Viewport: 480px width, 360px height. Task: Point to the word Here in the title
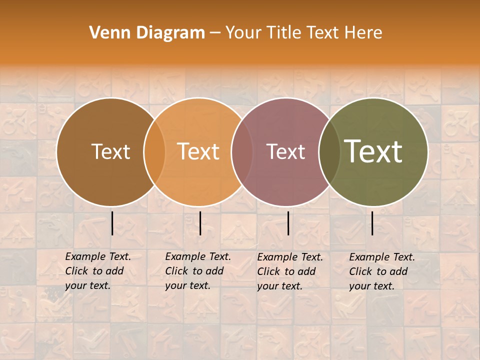click(364, 33)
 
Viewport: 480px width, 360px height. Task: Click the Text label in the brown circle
click(110, 151)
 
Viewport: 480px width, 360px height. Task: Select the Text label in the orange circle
click(198, 151)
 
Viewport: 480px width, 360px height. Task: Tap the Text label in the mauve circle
click(285, 151)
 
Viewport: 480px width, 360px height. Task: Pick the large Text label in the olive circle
click(373, 151)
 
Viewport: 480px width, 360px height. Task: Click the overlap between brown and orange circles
click(154, 151)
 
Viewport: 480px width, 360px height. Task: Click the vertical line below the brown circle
click(112, 223)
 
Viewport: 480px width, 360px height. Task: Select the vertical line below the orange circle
click(200, 223)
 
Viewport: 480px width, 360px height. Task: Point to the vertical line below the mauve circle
click(288, 223)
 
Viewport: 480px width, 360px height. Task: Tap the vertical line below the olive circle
click(372, 223)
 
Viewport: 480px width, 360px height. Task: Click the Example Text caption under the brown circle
click(98, 271)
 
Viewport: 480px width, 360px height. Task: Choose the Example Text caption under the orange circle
click(198, 271)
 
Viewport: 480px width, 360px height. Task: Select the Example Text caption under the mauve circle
click(290, 271)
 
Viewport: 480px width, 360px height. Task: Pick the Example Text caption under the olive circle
click(382, 271)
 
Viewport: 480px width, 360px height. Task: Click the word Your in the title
click(243, 33)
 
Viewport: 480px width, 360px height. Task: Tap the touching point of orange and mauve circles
click(241, 151)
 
